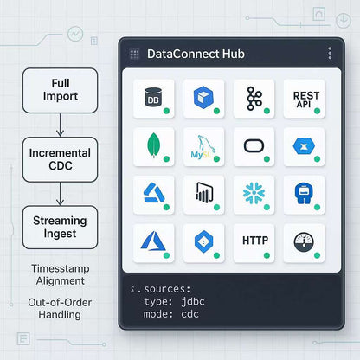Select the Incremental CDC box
(60, 158)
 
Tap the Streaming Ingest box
(60, 227)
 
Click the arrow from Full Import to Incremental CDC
(60, 125)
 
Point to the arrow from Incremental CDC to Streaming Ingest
(60, 193)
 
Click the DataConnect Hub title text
(196, 54)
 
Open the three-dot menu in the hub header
(330, 54)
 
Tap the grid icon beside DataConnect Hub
(134, 54)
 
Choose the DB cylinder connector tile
(154, 99)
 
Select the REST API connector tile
(305, 99)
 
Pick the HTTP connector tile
(254, 242)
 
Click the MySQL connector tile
(204, 147)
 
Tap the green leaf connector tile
(154, 147)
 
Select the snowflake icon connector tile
(254, 195)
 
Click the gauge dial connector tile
(305, 242)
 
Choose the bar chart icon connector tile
(204, 195)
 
